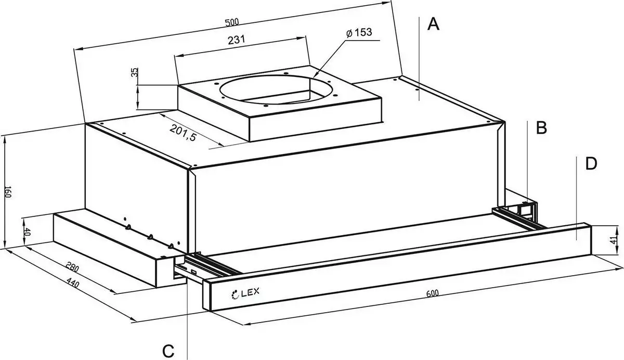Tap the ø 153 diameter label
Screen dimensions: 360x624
click(358, 32)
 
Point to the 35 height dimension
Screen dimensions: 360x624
click(135, 72)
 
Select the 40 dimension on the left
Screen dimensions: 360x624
click(28, 232)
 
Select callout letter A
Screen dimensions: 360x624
click(433, 23)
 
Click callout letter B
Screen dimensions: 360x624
click(541, 128)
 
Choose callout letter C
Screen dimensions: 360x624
click(167, 350)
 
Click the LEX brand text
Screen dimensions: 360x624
click(253, 294)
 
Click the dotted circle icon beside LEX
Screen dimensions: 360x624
click(235, 295)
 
